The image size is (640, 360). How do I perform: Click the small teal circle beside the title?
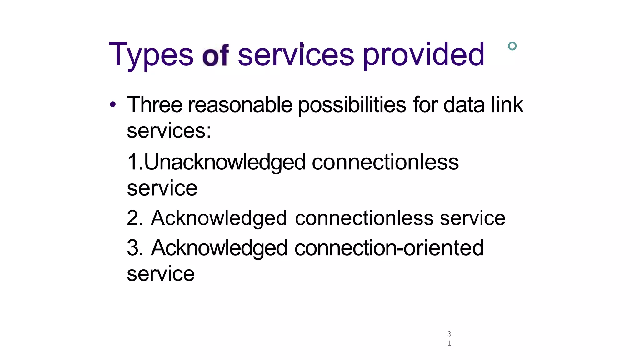click(512, 46)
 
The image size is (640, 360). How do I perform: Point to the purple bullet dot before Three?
click(113, 105)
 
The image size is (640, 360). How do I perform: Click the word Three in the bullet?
click(155, 105)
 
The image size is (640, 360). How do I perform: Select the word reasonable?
click(240, 105)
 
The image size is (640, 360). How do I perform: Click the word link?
click(507, 105)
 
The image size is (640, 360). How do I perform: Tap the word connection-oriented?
click(389, 248)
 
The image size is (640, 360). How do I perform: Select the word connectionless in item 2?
click(364, 218)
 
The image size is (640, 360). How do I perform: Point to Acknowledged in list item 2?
click(219, 218)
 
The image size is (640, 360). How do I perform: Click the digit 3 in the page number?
click(449, 334)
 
